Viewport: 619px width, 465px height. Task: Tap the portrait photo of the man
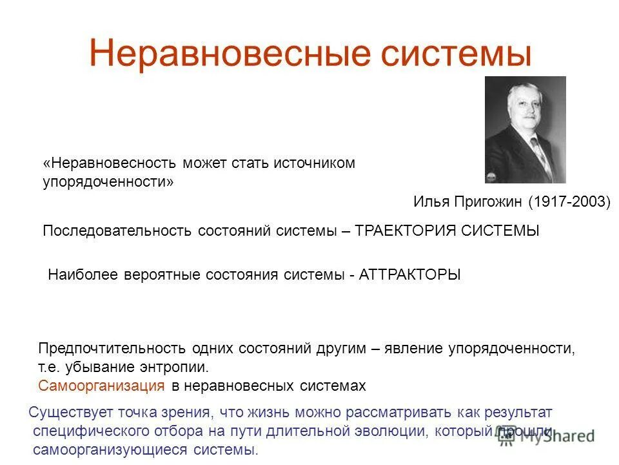coord(525,129)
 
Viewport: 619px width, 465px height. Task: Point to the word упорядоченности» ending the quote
coord(108,182)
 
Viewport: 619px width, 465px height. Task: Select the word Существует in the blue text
coord(68,412)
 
